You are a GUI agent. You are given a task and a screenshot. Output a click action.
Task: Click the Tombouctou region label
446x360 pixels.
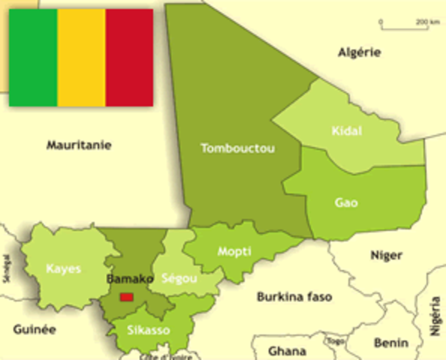point(237,148)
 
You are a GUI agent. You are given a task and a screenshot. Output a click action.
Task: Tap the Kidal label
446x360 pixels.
point(346,131)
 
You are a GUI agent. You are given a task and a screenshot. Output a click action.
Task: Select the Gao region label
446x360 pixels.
point(346,202)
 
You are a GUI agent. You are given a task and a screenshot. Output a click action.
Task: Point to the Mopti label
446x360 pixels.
point(234,251)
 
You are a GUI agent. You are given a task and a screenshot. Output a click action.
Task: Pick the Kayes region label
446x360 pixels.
point(63,268)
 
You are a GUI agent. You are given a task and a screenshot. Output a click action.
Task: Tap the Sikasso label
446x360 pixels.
point(148,330)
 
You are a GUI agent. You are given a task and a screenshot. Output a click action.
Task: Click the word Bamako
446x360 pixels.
point(130,279)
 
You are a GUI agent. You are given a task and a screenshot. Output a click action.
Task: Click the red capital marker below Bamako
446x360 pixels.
point(127,296)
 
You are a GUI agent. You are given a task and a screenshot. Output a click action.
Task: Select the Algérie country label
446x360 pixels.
point(359,52)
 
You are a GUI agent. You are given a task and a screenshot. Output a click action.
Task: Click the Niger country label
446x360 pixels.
point(386,255)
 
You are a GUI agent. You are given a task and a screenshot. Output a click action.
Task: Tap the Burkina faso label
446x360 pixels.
point(294,296)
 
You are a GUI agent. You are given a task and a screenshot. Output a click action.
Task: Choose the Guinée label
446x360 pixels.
point(35,328)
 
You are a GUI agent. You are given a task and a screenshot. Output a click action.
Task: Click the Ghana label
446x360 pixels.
point(287,350)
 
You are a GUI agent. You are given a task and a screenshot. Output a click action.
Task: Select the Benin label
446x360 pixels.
point(390,343)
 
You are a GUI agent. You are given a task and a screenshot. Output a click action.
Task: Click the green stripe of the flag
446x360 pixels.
point(33,58)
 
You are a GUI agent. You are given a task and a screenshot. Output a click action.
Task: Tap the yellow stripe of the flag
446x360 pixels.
point(81,58)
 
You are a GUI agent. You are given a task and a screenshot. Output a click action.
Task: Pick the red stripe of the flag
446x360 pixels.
point(129,58)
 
